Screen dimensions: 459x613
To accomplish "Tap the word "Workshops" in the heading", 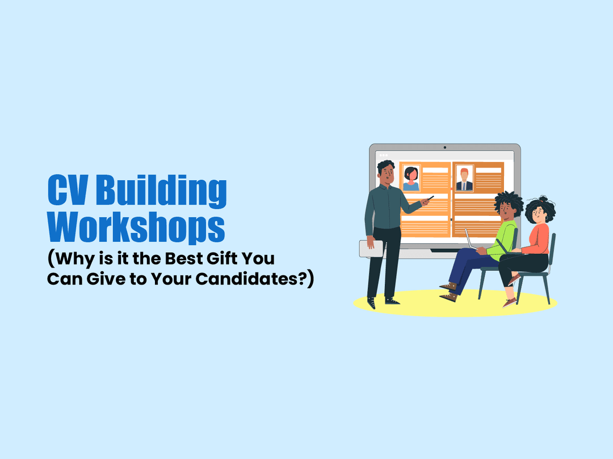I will pyautogui.click(x=136, y=227).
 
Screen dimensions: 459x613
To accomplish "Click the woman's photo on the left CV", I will pyautogui.click(x=411, y=178).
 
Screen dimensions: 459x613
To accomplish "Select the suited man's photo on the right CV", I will pyautogui.click(x=464, y=178).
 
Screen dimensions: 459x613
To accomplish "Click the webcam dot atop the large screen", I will pyautogui.click(x=444, y=147).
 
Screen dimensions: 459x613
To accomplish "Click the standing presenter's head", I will pyautogui.click(x=386, y=172).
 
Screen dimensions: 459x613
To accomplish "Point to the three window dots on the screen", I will pyautogui.click(x=384, y=155).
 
